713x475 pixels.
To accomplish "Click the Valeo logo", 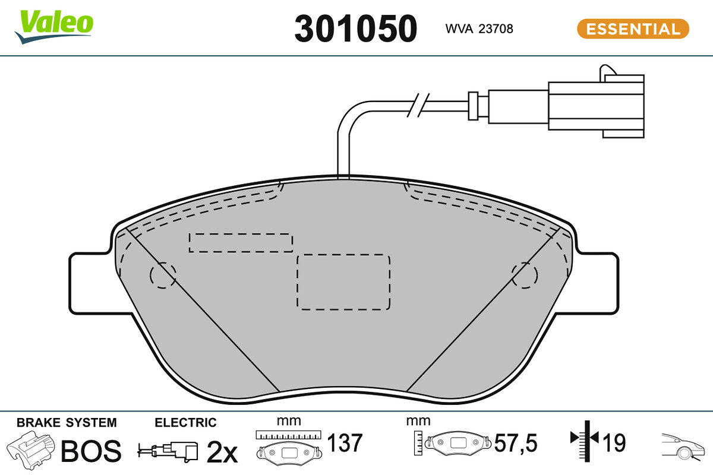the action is (x=54, y=26).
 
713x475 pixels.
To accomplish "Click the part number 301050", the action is (x=355, y=29).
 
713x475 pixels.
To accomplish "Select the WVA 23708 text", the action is (x=479, y=29).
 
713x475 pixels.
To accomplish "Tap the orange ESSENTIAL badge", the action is (x=633, y=29).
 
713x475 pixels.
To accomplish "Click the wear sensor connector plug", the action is (x=596, y=106).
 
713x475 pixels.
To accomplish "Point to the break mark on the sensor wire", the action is (x=418, y=105).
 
